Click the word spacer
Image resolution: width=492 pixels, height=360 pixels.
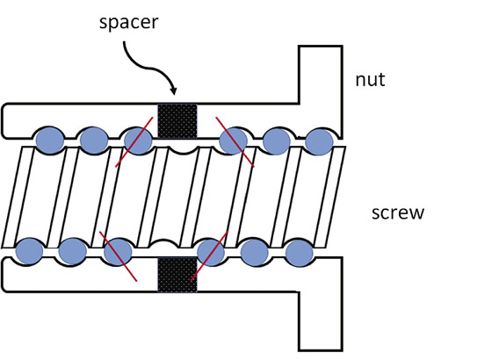coord(128,23)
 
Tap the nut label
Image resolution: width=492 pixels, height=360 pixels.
coord(370,80)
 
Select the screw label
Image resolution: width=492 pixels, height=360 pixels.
coord(397,212)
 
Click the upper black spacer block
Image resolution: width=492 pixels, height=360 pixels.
coord(177,121)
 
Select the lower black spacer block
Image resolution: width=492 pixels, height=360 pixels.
coord(177,275)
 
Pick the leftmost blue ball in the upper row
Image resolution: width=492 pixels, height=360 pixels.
coord(50,140)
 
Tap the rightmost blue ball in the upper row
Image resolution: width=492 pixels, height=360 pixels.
coord(319,141)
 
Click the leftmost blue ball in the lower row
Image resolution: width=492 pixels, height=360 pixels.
coord(29,251)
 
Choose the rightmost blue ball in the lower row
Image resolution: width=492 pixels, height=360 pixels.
coord(300,253)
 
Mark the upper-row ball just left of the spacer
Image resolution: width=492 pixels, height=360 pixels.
coord(139,140)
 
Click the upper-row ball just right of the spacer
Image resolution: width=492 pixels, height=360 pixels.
coord(233,140)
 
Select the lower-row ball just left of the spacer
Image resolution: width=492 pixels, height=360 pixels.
coord(118,252)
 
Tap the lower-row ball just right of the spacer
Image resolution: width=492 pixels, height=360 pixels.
coord(211,252)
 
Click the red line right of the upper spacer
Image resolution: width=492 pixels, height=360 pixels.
coord(235,141)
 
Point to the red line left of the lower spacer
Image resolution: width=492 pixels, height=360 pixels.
coord(118,256)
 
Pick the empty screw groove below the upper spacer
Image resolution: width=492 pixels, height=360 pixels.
coord(184,150)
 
